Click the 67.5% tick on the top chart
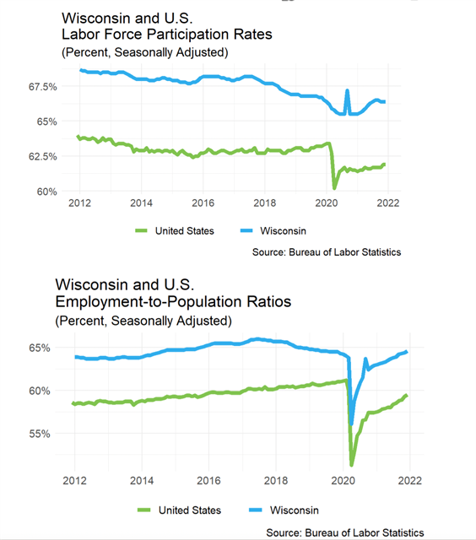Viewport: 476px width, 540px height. pyautogui.click(x=43, y=86)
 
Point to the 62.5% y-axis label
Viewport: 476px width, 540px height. pyautogui.click(x=43, y=156)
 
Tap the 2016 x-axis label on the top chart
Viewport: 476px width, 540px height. pyautogui.click(x=203, y=202)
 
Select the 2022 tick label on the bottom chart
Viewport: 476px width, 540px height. pyautogui.click(x=410, y=480)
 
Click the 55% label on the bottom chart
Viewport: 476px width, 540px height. pyautogui.click(x=40, y=434)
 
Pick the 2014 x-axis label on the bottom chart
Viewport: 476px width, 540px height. pyautogui.click(x=142, y=480)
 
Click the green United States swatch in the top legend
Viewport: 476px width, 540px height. pyautogui.click(x=141, y=230)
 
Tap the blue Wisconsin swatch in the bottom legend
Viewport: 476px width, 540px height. pyautogui.click(x=255, y=510)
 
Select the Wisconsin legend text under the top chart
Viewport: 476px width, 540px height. pyautogui.click(x=283, y=230)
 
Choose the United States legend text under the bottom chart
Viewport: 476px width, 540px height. pyautogui.click(x=190, y=510)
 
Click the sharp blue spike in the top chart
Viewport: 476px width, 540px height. pyautogui.click(x=347, y=90)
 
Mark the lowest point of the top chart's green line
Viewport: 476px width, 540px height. pyautogui.click(x=334, y=188)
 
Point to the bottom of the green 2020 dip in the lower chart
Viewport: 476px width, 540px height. pyautogui.click(x=352, y=465)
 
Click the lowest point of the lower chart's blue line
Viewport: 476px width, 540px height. pyautogui.click(x=351, y=424)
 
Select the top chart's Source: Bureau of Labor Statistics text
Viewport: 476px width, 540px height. pyautogui.click(x=327, y=252)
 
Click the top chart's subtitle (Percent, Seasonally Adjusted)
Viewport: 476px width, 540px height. pyautogui.click(x=145, y=52)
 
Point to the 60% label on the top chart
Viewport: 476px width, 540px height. pyautogui.click(x=47, y=192)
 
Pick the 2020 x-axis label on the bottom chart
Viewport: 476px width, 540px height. pyautogui.click(x=343, y=480)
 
